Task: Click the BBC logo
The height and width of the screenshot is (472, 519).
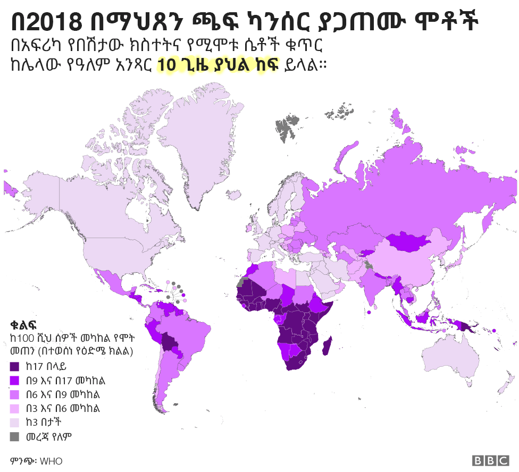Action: [x=491, y=460]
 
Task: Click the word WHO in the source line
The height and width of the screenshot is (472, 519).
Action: [x=51, y=461]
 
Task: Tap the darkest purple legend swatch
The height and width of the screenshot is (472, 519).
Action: [x=15, y=366]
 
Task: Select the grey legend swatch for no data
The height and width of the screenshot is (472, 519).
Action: [x=15, y=437]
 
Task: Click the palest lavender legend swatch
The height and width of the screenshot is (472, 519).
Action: [x=15, y=423]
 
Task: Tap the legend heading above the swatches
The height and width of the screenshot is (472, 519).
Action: [x=23, y=324]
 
